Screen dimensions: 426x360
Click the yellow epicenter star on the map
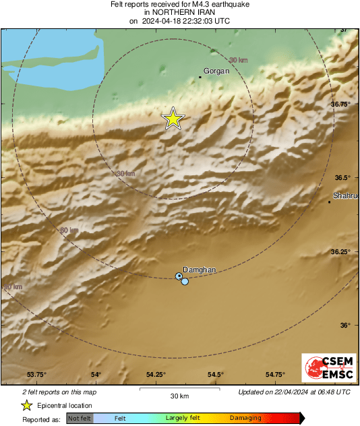173,119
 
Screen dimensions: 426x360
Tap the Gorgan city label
216,71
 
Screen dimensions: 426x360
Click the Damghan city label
200,270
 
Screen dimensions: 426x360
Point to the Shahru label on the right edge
344,196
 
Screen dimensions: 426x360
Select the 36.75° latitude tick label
344,104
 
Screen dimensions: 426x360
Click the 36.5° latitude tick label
345,177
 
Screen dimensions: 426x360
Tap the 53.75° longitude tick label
36,375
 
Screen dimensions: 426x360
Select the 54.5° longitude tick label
215,375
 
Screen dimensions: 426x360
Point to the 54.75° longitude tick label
275,375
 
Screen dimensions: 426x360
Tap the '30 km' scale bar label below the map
179,396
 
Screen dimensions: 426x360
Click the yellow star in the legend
26,405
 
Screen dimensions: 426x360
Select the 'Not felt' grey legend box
80,419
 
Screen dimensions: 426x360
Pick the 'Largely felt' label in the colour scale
185,419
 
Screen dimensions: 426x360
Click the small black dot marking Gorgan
200,77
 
